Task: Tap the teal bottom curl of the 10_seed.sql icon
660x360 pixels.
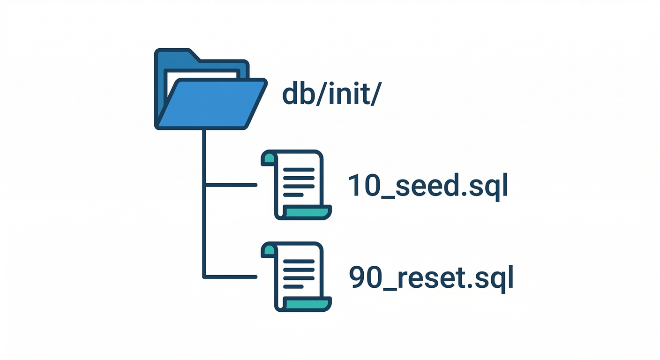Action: tap(307, 213)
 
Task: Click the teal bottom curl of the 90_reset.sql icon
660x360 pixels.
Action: tap(307, 305)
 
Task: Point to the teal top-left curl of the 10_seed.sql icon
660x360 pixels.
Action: tap(268, 158)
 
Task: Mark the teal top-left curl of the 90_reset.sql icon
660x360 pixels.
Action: tap(268, 250)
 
